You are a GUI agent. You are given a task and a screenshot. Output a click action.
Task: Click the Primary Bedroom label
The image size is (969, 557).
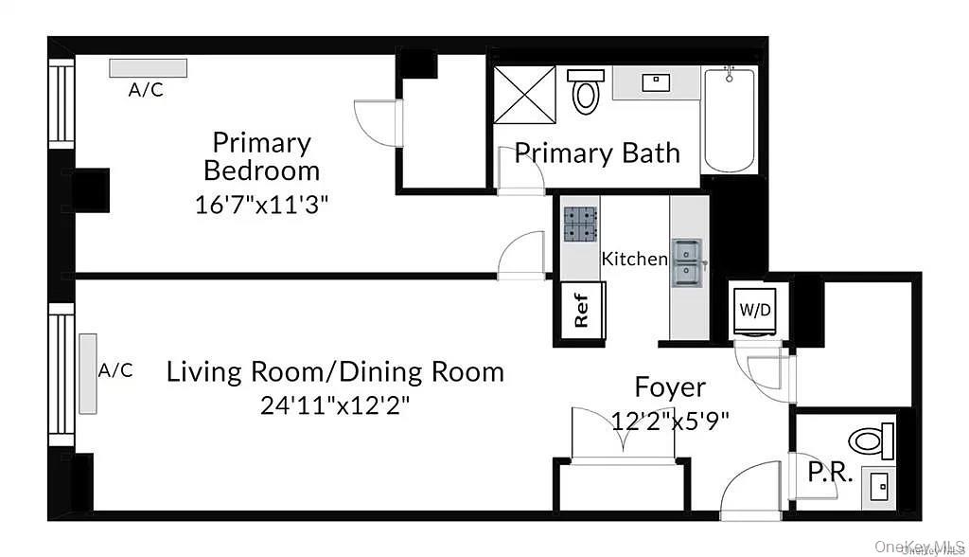(261, 156)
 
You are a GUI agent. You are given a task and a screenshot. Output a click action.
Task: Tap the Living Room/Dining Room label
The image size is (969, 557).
(335, 371)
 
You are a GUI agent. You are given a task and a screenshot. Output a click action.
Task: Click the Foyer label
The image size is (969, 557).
(670, 387)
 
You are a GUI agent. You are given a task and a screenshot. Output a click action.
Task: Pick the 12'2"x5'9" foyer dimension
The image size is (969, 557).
(671, 421)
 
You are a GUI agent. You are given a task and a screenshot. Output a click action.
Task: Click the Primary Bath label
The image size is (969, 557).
(597, 153)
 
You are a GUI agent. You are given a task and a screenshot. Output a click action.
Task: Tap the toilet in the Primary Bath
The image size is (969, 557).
(587, 92)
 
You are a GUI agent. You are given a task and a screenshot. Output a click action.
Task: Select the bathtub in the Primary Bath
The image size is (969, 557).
(729, 120)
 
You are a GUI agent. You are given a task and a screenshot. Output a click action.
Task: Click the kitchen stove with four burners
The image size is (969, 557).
(580, 226)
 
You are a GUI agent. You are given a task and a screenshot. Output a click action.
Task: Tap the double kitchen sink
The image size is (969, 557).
(687, 262)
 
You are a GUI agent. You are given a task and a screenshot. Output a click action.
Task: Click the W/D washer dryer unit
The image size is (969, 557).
(755, 310)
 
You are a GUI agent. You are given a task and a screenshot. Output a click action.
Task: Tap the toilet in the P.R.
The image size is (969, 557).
(871, 440)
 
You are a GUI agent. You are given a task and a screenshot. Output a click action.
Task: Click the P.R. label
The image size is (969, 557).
(830, 472)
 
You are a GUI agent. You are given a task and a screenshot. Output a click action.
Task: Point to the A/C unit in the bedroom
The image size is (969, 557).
(148, 68)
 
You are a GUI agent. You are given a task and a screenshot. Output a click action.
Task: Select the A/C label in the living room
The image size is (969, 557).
(115, 370)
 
